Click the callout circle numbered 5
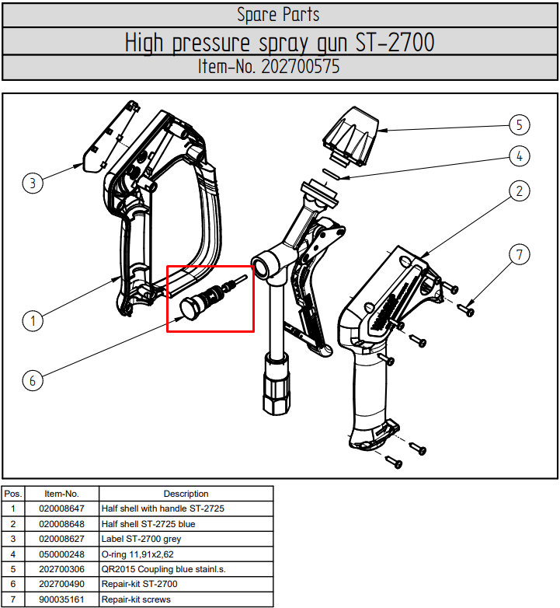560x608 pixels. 520,124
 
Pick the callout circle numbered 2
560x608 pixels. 520,190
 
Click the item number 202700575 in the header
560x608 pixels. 301,67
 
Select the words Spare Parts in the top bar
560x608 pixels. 278,14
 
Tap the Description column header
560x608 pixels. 186,494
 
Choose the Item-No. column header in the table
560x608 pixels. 61,494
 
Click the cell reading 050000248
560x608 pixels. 61,554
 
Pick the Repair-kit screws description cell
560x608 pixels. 136,599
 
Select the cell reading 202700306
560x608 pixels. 61,569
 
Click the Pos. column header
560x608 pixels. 13,494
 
